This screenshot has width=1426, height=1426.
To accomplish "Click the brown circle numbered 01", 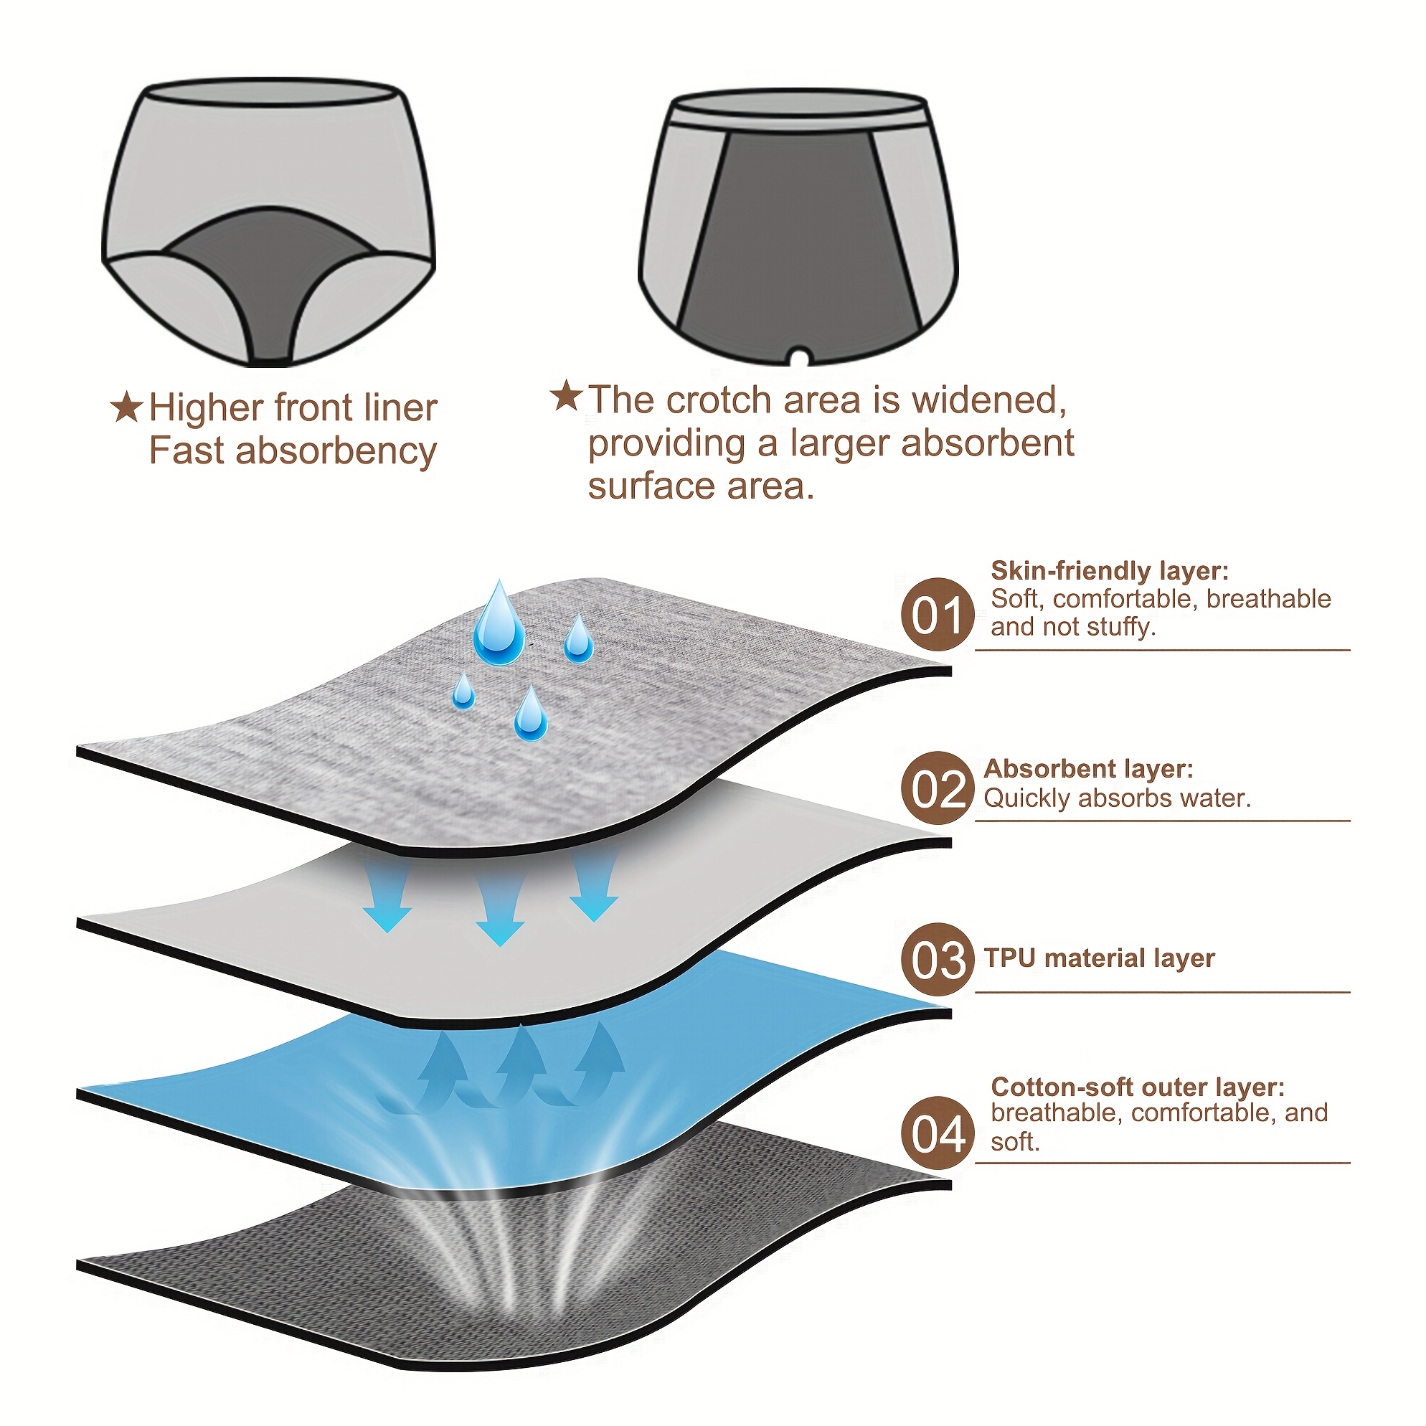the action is (x=938, y=614).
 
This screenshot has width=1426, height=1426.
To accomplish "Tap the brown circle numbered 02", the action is (x=938, y=788).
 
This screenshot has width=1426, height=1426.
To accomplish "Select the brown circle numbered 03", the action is (x=938, y=960).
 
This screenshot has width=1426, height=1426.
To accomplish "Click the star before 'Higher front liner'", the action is (x=126, y=408).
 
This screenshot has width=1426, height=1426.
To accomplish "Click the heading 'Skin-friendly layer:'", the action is (x=1110, y=571).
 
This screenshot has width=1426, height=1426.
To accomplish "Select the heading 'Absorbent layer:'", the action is (x=1089, y=769).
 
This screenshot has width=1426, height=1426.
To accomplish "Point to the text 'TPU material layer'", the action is (x=1099, y=958).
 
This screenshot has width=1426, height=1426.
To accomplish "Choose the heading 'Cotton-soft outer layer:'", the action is (x=1138, y=1087).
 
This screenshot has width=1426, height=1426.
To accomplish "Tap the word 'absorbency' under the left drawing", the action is (x=336, y=452).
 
